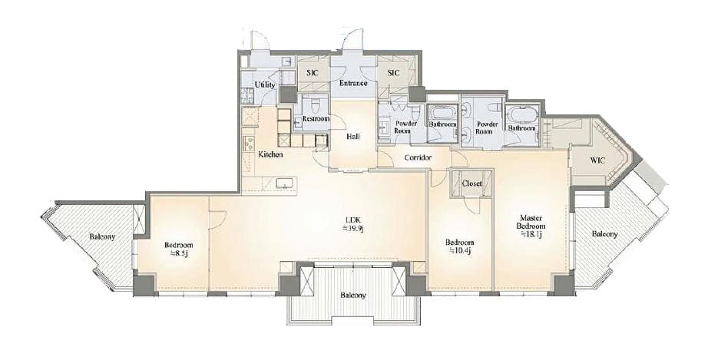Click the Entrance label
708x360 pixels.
(352, 83)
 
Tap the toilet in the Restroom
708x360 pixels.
(316, 106)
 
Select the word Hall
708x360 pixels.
(352, 136)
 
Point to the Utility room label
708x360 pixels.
(265, 84)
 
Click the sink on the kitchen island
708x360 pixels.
(285, 183)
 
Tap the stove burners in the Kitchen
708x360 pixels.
(249, 144)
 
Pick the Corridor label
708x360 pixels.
(418, 157)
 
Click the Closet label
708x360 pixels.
(471, 183)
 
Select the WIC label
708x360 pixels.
(597, 161)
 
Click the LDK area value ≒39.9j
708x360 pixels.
(352, 228)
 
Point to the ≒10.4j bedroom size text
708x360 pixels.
(460, 250)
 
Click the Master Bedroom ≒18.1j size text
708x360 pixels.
(531, 234)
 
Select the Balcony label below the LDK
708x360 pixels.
(352, 296)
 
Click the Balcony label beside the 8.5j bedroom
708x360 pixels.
(102, 236)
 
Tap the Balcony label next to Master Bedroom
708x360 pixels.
(604, 234)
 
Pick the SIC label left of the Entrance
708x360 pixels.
(313, 73)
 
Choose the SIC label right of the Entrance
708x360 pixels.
(393, 73)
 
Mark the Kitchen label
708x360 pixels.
(270, 155)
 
